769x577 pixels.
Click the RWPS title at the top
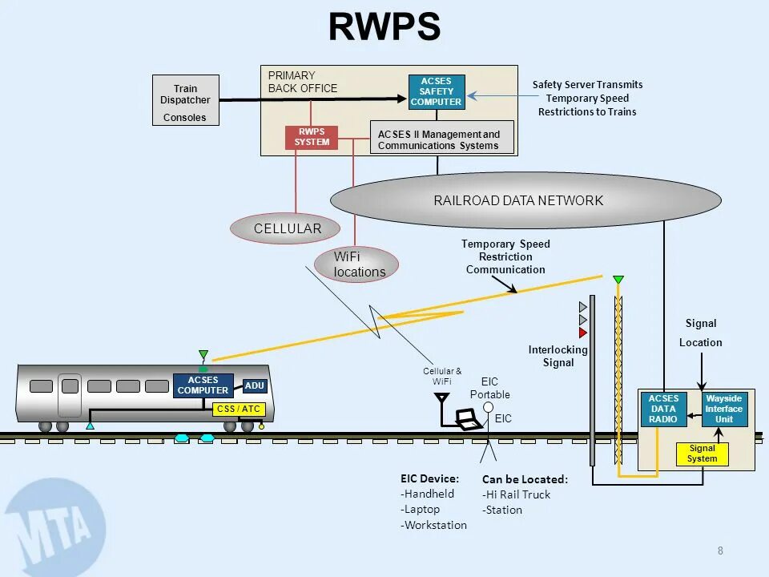pos(384,27)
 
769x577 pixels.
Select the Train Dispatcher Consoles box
pos(185,100)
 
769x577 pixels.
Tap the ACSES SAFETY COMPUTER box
pos(437,91)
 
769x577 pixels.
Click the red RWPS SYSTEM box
pos(312,137)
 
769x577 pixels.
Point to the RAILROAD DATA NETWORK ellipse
pos(525,200)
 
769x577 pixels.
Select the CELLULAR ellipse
pos(287,228)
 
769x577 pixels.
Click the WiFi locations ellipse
pos(356,264)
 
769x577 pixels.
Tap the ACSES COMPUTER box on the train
pos(203,385)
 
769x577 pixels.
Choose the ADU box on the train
pos(254,386)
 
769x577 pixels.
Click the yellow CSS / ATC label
pos(239,410)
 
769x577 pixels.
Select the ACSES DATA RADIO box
pos(663,409)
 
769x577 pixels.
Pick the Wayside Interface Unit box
pos(723,409)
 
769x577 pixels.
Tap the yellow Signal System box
pos(702,454)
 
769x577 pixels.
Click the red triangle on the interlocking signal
pos(583,333)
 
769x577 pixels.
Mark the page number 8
pos(720,551)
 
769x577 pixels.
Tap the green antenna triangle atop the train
pos(203,355)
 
